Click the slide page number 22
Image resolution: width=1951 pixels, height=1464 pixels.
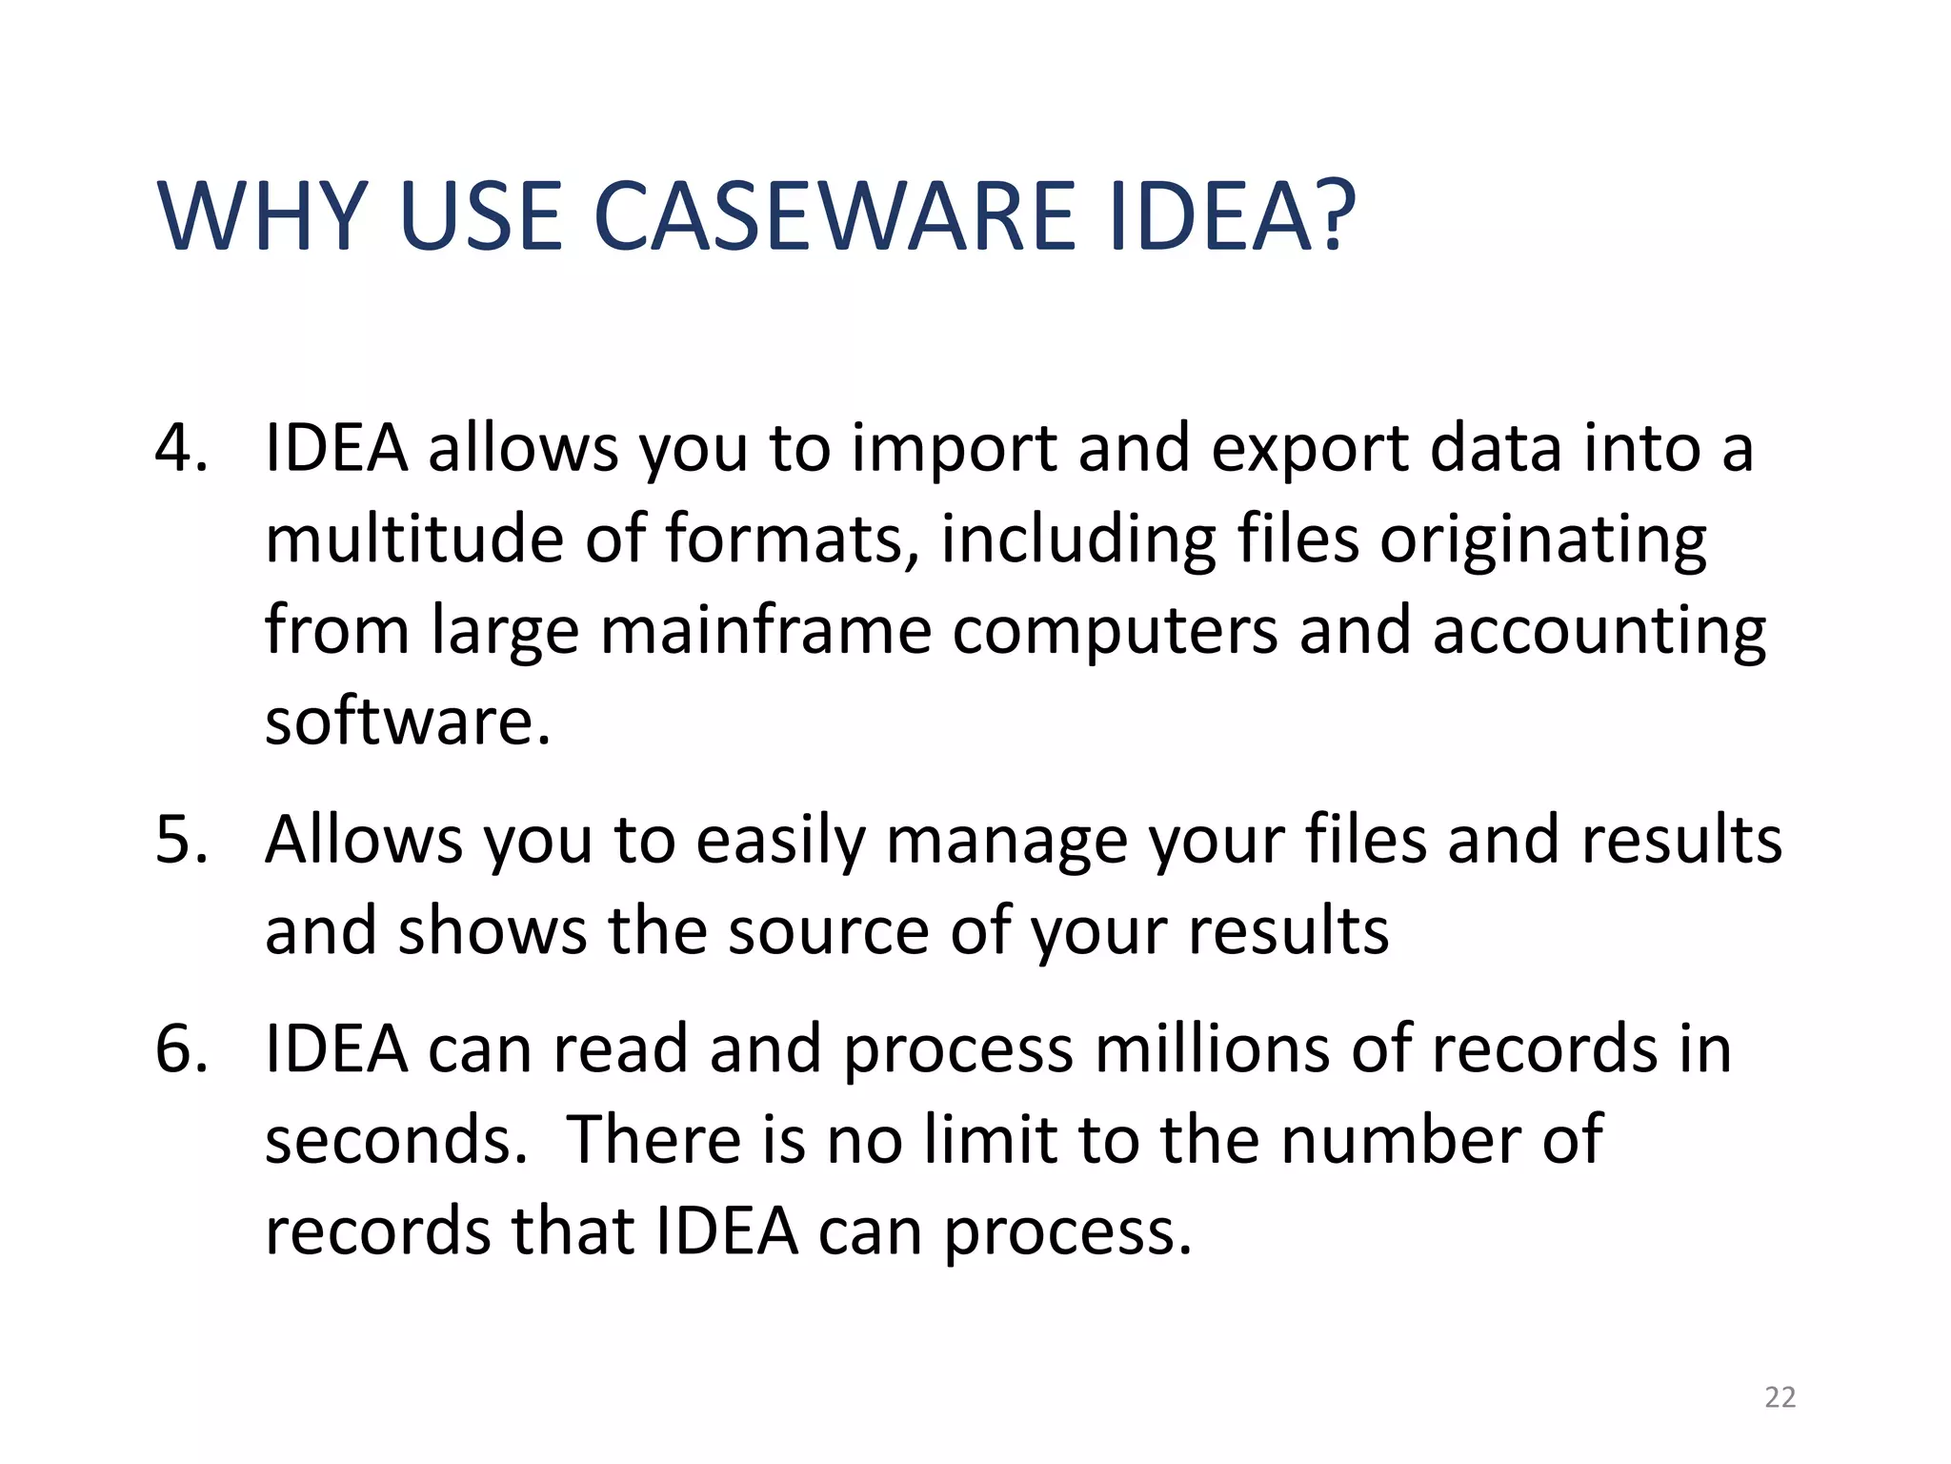pyautogui.click(x=1780, y=1397)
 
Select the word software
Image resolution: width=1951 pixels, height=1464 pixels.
pyautogui.click(x=407, y=722)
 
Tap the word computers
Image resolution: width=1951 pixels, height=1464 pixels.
pyautogui.click(x=1115, y=631)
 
